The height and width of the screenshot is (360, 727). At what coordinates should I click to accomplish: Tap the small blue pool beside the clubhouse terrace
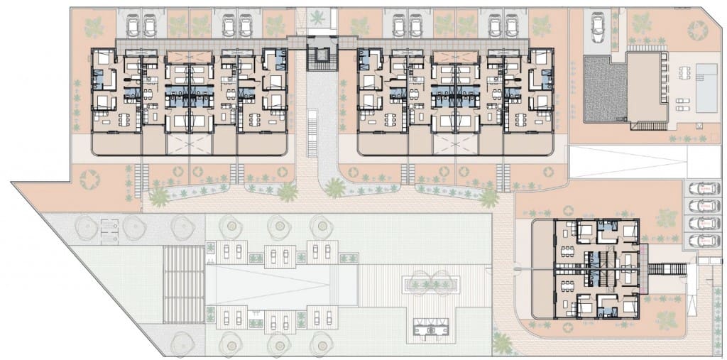point(706,89)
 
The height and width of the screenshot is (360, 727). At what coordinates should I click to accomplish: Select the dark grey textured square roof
point(606,89)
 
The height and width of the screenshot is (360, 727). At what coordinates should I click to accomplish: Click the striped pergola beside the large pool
point(184,283)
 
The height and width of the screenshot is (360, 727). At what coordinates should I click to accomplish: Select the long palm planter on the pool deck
point(434,284)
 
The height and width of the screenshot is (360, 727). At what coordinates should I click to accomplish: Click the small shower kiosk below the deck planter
point(434,327)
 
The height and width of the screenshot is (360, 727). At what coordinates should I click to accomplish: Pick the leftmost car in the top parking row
point(133,27)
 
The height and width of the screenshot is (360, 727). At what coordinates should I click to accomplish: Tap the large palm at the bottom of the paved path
point(503,344)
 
